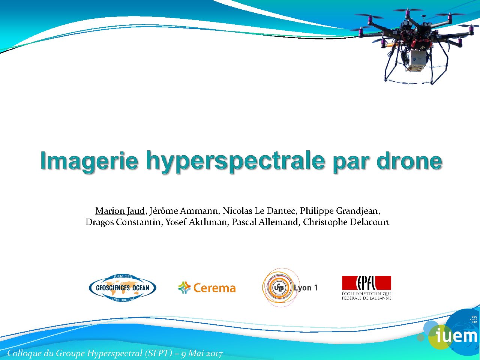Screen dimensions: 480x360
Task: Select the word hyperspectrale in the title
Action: [235, 162]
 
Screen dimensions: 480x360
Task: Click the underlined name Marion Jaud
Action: [120, 211]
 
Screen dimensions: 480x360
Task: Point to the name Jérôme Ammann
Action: [183, 211]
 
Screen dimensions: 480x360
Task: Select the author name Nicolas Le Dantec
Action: [259, 211]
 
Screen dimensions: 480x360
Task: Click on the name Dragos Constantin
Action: [123, 222]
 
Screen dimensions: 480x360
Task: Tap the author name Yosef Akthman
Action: [196, 222]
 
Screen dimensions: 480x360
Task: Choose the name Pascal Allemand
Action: [265, 222]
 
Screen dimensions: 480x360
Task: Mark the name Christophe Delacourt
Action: [346, 222]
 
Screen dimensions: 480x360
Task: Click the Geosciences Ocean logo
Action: [123, 288]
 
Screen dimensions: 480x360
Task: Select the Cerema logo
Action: [207, 288]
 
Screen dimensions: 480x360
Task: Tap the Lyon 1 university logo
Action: [290, 288]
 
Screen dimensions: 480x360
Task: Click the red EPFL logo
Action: [366, 288]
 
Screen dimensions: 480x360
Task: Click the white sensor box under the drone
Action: [414, 60]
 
